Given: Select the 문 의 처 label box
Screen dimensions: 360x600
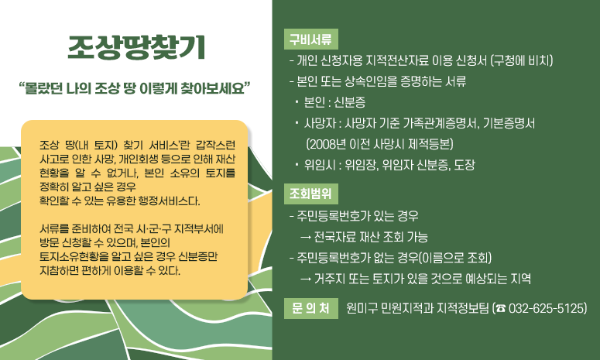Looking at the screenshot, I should [x=311, y=308].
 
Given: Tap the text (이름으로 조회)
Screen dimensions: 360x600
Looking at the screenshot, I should [x=458, y=258].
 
